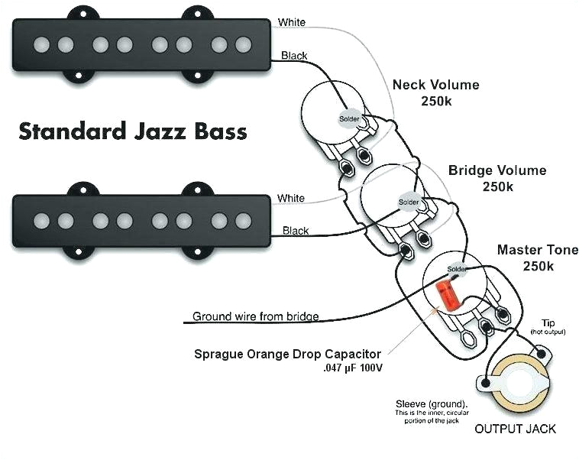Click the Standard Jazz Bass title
133,131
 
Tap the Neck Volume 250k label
435,92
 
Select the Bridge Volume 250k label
497,177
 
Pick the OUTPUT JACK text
515,429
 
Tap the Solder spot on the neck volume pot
351,118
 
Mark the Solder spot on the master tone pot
457,270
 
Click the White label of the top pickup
292,23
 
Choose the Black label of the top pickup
295,56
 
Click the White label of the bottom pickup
290,199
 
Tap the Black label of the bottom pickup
296,231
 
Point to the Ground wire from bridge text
255,316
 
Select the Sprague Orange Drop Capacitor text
287,354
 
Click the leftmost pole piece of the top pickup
41,44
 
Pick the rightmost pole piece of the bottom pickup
244,221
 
